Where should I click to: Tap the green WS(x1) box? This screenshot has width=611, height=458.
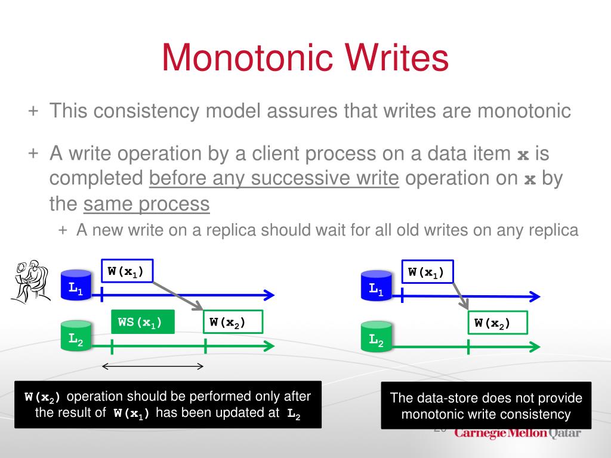[143, 322]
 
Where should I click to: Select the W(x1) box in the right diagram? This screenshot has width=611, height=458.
[427, 271]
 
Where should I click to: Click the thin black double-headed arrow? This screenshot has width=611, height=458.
[153, 366]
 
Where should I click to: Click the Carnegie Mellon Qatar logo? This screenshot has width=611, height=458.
[517, 433]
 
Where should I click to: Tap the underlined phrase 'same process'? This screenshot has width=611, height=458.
[146, 205]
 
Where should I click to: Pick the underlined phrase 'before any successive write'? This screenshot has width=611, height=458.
[274, 178]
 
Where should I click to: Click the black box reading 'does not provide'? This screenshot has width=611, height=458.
[486, 406]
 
